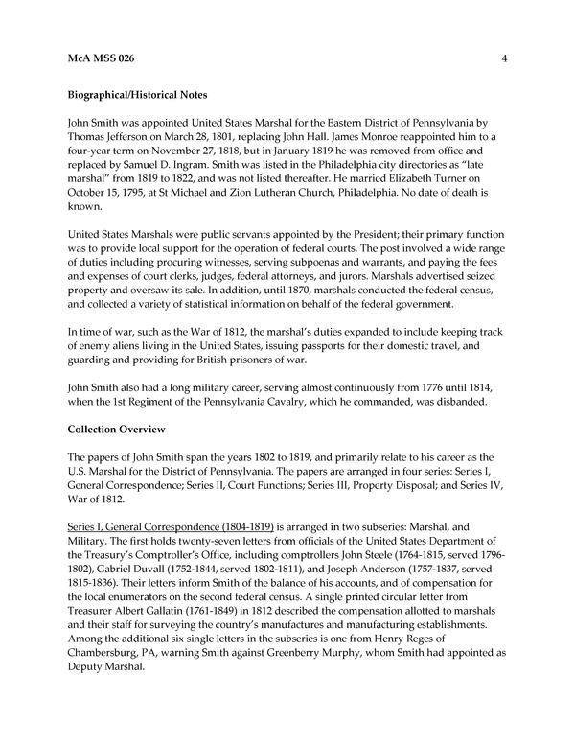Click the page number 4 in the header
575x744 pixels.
[x=503, y=58]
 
